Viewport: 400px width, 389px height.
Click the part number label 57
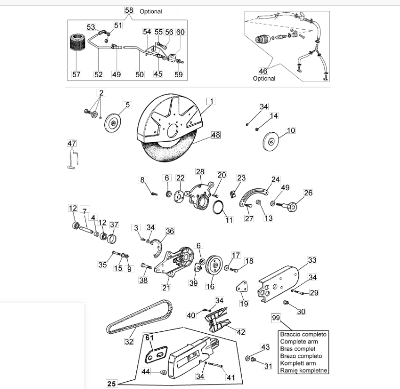tap(76, 74)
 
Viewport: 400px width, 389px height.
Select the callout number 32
tap(129, 341)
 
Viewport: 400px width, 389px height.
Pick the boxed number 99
tap(276, 318)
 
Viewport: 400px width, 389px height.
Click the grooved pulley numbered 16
tap(216, 265)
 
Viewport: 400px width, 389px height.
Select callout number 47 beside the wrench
tap(72, 144)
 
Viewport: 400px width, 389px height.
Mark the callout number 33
tap(312, 260)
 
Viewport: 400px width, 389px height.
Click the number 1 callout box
tap(211, 101)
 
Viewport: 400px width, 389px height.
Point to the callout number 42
tap(241, 332)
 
